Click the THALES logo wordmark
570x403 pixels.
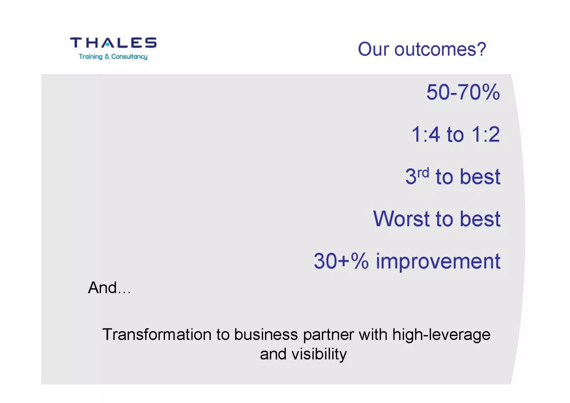pos(113,43)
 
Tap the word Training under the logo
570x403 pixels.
pos(90,57)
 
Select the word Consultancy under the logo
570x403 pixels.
pos(129,57)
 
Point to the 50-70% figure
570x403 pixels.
pos(463,92)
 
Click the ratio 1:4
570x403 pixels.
pos(426,135)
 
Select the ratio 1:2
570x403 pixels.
pos(486,135)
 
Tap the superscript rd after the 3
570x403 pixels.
pos(423,173)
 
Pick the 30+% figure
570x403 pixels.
pos(341,261)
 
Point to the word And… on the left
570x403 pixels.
pos(109,288)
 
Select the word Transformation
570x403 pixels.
pos(157,334)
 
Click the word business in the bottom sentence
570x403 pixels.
pos(266,334)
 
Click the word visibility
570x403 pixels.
pos(319,354)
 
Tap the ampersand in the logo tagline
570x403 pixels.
pos(107,57)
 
